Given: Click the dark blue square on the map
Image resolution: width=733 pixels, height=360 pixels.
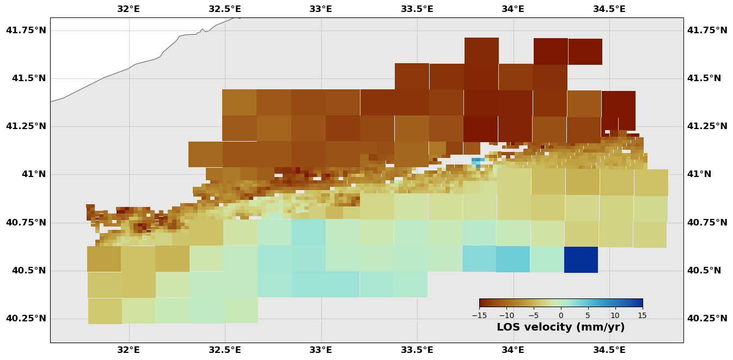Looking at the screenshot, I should tap(581, 259).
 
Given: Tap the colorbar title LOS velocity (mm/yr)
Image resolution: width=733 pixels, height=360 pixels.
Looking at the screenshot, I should tap(560, 327).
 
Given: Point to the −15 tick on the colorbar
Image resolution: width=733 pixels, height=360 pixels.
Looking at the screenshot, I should tap(479, 315).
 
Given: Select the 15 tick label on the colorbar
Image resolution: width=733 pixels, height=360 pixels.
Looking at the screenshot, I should tap(642, 315).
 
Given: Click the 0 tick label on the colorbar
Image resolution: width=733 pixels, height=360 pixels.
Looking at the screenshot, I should tap(560, 315).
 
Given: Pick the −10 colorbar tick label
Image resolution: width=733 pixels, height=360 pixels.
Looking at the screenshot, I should tap(506, 315).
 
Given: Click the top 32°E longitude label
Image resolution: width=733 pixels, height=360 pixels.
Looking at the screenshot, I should tap(129, 9).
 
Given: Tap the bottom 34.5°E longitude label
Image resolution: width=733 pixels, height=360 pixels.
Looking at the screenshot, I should tap(609, 350).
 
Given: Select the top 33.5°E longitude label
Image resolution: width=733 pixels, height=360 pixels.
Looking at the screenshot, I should tap(417, 9).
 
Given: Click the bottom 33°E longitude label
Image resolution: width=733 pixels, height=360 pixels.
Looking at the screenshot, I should tap(321, 350).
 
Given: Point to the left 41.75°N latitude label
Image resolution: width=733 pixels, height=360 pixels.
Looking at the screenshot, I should tap(26, 30).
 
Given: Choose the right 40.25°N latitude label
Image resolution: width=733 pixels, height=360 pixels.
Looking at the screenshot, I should tap(707, 318).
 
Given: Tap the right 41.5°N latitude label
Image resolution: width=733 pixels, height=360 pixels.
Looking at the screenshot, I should tap(704, 78).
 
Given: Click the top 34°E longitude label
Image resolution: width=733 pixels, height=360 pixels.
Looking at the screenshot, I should tap(513, 9).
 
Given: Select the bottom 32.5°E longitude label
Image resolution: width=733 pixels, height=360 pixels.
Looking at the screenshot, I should tap(225, 350).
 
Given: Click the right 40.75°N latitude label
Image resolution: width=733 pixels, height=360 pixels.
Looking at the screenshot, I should tap(707, 222).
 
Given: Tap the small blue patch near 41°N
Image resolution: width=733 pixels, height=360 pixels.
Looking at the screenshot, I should tap(477, 161).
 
